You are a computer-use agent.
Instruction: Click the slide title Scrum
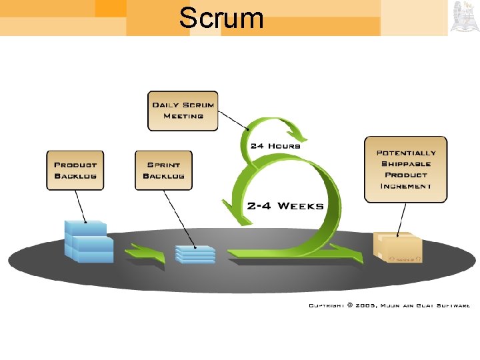(x=221, y=18)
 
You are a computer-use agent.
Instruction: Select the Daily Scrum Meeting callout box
(x=183, y=111)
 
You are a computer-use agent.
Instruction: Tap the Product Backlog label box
(x=75, y=170)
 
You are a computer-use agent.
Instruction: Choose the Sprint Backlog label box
(x=163, y=170)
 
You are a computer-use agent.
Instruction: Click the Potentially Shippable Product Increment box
(x=405, y=169)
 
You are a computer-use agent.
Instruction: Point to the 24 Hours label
(x=275, y=145)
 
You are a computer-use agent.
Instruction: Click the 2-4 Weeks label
(x=285, y=205)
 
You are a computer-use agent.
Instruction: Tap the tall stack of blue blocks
(x=87, y=241)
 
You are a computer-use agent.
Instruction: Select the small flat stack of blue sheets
(x=195, y=254)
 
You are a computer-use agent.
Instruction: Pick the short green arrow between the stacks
(x=146, y=253)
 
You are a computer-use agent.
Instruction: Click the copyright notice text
(x=389, y=305)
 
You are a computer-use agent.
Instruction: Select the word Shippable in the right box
(x=405, y=164)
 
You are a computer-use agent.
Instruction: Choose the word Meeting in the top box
(x=183, y=116)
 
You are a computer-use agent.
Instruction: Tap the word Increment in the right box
(x=405, y=186)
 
